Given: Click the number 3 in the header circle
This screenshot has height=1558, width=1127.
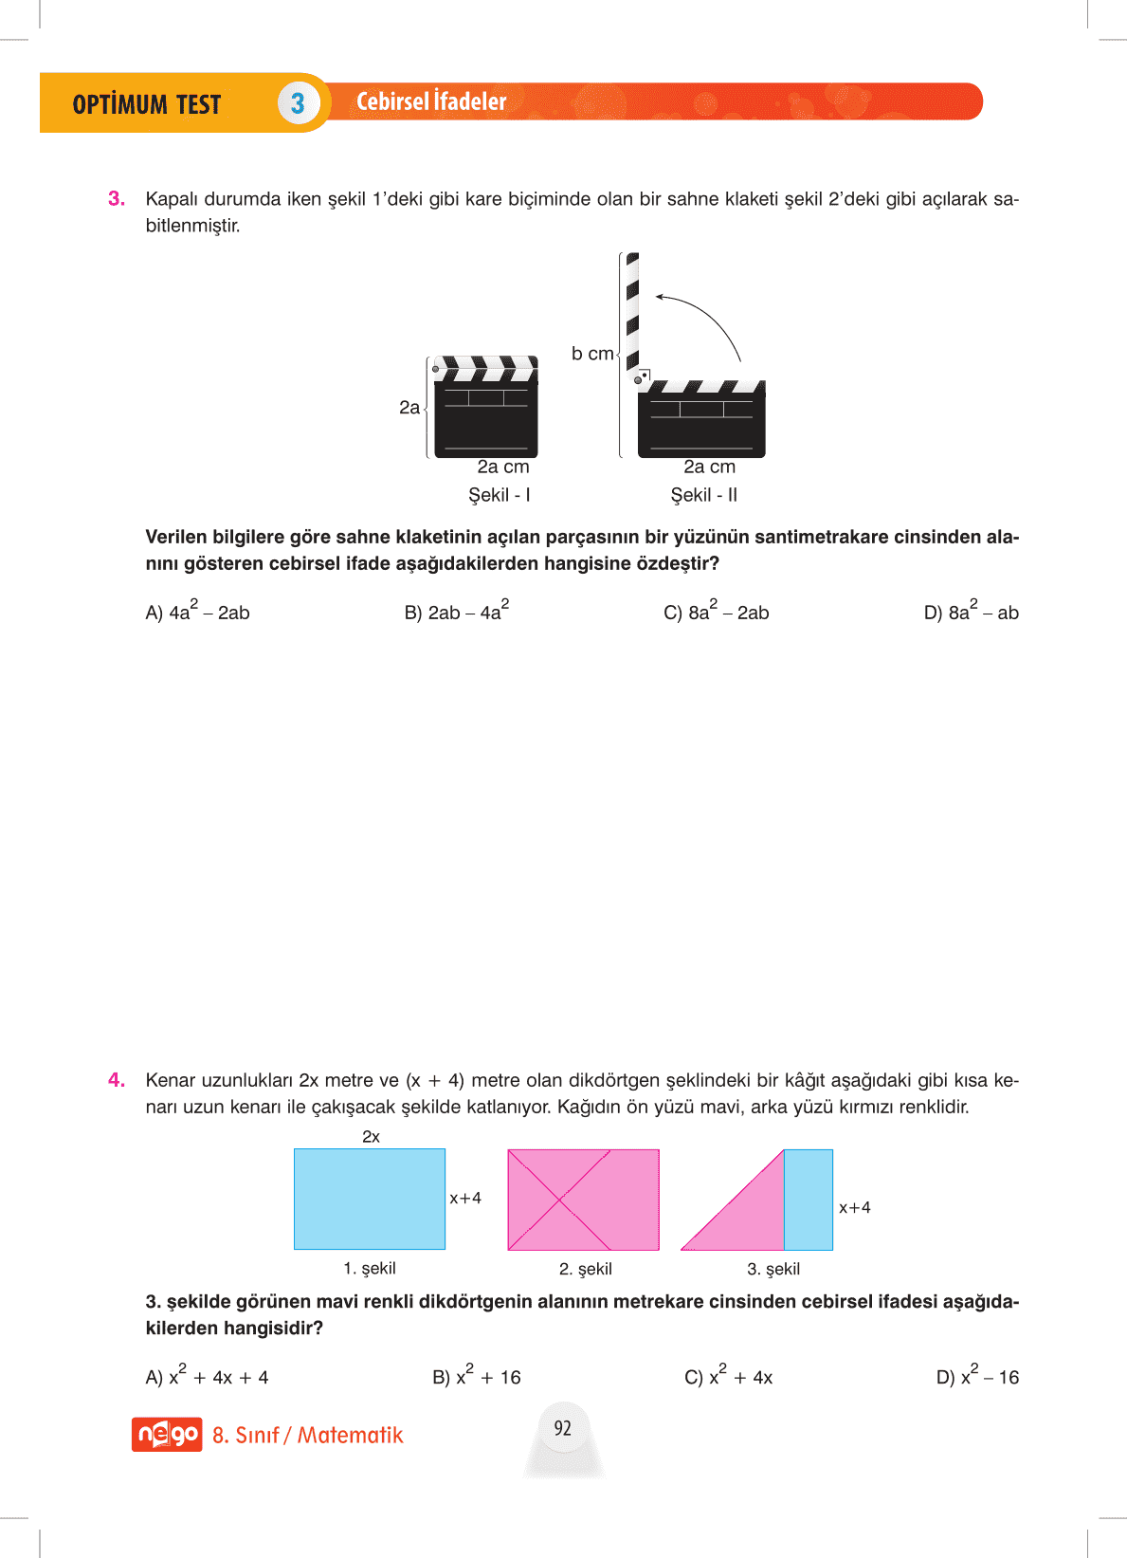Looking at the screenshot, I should pyautogui.click(x=298, y=103).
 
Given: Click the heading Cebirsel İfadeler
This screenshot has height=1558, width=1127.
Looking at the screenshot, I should pyautogui.click(x=431, y=101).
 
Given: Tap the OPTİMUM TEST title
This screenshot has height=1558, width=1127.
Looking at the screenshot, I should pyautogui.click(x=147, y=104).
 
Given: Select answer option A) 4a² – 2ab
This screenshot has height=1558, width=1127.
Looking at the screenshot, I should pyautogui.click(x=197, y=612).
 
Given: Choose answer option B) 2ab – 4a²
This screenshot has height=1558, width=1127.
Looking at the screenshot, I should pyautogui.click(x=456, y=612).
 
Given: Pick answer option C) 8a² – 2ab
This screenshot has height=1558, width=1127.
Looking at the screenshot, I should pyautogui.click(x=716, y=612).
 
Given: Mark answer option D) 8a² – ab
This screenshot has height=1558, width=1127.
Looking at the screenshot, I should pyautogui.click(x=971, y=612).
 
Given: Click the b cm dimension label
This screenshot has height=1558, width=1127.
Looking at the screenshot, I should pyautogui.click(x=592, y=354).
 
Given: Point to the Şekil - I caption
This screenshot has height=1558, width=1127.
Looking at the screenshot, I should pyautogui.click(x=500, y=495).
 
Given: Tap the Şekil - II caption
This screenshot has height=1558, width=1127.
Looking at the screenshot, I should pyautogui.click(x=703, y=495).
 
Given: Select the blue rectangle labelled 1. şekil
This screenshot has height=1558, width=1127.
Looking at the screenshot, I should pyautogui.click(x=370, y=1199).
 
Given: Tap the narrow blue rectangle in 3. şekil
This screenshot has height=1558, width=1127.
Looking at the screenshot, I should pyautogui.click(x=808, y=1200).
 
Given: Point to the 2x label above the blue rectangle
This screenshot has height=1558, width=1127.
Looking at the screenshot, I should pyautogui.click(x=371, y=1136).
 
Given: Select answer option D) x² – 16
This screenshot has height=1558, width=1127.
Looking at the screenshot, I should pyautogui.click(x=977, y=1377).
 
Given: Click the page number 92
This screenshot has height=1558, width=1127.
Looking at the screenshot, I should pyautogui.click(x=563, y=1428).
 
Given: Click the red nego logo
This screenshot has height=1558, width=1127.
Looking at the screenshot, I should pyautogui.click(x=167, y=1434).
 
